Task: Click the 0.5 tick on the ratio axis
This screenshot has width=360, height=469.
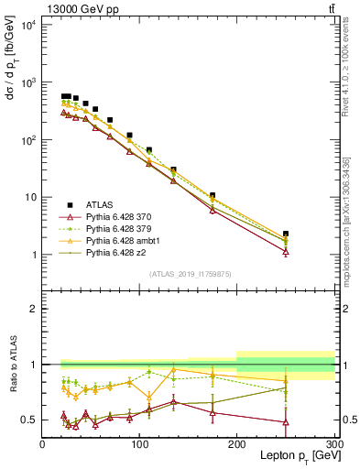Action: pos(28,420)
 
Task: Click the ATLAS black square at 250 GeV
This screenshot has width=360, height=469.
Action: pos(286,234)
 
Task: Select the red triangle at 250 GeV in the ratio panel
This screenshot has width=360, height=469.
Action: pos(286,422)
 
